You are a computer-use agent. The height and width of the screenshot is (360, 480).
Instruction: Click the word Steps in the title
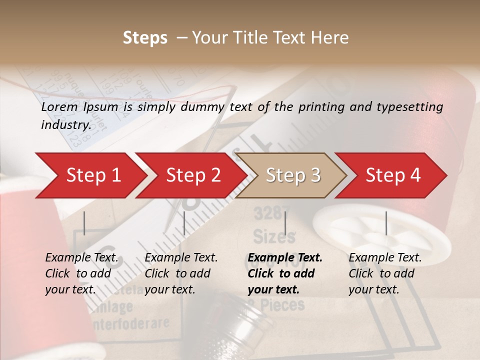coord(145,38)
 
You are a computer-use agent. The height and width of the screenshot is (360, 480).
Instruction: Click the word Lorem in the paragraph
coord(59,107)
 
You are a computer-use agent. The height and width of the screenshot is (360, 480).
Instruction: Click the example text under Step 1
coord(82,273)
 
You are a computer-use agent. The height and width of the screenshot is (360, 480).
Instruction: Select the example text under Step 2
coord(181,273)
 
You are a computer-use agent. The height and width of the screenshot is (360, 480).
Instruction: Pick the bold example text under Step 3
coord(285,273)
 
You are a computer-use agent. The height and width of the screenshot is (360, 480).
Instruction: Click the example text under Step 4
coord(385,273)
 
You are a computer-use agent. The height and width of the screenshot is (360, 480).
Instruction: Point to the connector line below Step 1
coord(84,223)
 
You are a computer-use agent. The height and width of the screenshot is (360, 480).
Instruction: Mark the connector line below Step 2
coord(184,223)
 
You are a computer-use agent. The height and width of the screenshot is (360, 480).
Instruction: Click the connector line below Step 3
coord(285,223)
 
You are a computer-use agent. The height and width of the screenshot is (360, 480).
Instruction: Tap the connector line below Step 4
coord(386,223)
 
